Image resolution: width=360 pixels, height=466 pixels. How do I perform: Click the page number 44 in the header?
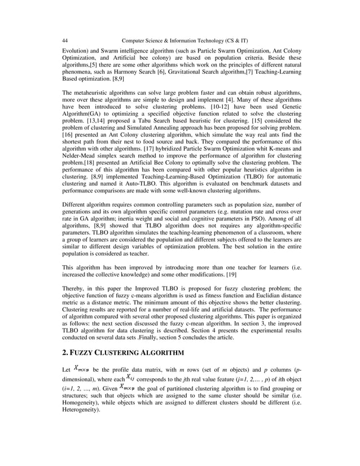coord(65,40)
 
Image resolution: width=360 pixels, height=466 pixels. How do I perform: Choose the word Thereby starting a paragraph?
coord(73,288)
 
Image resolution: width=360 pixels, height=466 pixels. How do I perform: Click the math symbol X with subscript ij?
coord(129,377)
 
